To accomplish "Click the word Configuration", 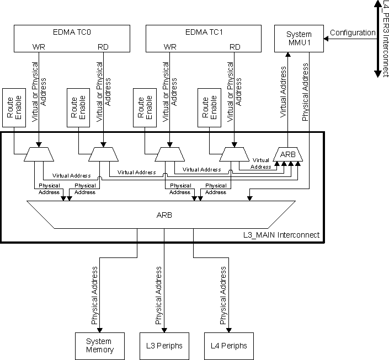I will pyautogui.click(x=353, y=33).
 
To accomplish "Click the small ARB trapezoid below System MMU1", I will pyautogui.click(x=287, y=155).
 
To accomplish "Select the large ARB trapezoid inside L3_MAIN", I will pyautogui.click(x=164, y=215).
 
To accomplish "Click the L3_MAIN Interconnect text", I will pyautogui.click(x=281, y=235).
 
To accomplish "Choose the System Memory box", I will pyautogui.click(x=99, y=346).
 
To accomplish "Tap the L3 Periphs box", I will pyautogui.click(x=164, y=346).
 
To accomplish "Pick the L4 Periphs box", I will pyautogui.click(x=228, y=346).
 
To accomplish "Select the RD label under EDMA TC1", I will pyautogui.click(x=235, y=47).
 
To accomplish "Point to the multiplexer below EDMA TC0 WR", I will pyautogui.click(x=39, y=155).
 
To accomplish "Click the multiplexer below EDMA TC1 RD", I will pyautogui.click(x=235, y=155).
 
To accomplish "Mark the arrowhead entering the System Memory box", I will pyautogui.click(x=99, y=330).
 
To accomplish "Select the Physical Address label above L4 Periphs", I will pyautogui.click(x=223, y=295).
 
